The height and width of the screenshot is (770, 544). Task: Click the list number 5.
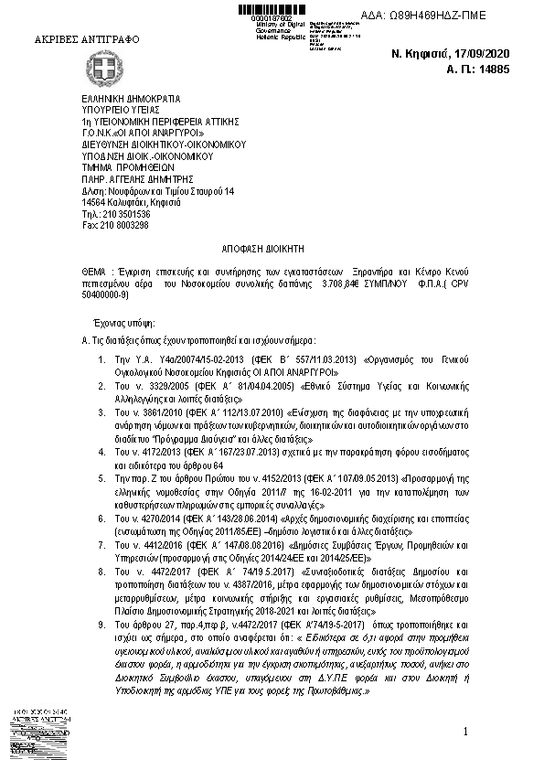pos(112,478)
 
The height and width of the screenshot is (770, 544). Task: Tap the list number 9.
pos(112,622)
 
